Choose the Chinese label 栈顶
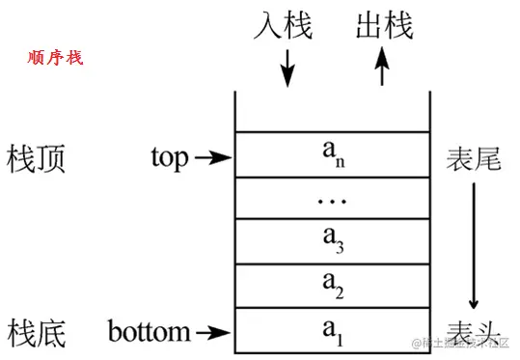(36, 157)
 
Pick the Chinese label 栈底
(36, 333)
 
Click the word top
(171, 157)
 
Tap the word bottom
(149, 333)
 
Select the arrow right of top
(213, 157)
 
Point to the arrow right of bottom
(213, 333)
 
